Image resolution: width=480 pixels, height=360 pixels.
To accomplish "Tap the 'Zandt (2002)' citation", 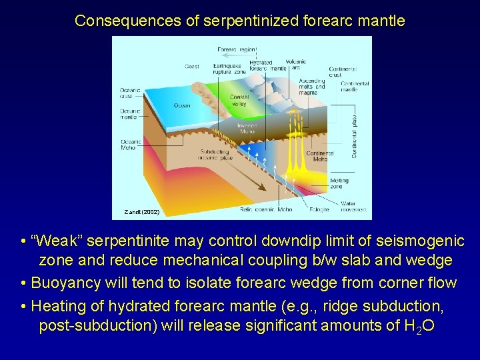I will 141,212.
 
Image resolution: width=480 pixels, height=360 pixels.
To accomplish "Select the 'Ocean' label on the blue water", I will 181,105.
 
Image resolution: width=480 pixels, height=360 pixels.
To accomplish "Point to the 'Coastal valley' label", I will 239,100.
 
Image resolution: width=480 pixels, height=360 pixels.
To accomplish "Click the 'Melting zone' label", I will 339,183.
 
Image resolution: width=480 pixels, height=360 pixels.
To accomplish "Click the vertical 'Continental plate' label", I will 355,130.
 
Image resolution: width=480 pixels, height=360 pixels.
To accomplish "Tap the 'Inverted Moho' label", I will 247,128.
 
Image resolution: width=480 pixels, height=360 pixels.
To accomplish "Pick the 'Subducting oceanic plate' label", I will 214,155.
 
